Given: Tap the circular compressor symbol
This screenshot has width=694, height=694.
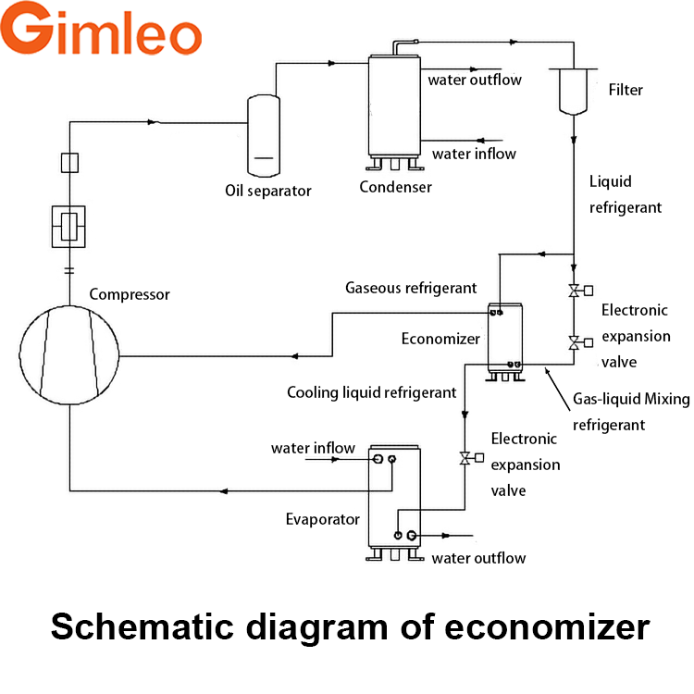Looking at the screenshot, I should pyautogui.click(x=69, y=355).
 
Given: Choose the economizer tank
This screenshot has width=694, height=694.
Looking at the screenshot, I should pyautogui.click(x=506, y=337).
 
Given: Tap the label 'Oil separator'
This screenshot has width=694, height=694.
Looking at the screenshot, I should pyautogui.click(x=268, y=191).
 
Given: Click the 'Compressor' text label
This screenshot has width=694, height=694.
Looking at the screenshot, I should pyautogui.click(x=130, y=294).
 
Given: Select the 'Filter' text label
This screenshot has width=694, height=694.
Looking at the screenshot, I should pyautogui.click(x=626, y=90).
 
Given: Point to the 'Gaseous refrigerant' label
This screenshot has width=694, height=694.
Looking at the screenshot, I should pyautogui.click(x=411, y=288).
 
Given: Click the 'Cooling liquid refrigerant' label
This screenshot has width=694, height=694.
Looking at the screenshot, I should pyautogui.click(x=371, y=392).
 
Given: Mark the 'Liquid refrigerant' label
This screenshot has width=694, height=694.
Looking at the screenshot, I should pyautogui.click(x=626, y=194).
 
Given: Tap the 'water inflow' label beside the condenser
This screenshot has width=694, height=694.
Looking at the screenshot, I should pyautogui.click(x=474, y=154).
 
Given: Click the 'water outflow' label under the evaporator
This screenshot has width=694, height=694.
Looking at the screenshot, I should pyautogui.click(x=478, y=558).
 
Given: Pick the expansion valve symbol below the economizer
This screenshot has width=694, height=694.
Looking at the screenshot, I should pyautogui.click(x=465, y=457).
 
